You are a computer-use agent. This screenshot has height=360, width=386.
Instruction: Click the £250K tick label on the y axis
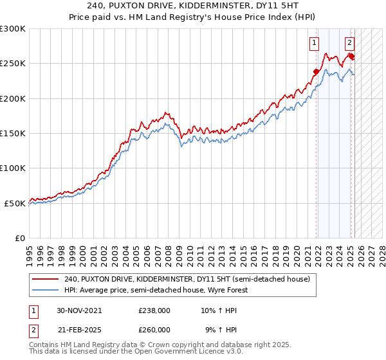13,64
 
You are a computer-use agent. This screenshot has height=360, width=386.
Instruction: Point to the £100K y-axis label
13,168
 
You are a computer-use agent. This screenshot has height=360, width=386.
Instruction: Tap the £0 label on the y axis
19,238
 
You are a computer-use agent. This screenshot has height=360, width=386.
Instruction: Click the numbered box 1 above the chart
314,44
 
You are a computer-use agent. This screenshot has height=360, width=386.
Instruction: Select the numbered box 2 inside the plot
349,44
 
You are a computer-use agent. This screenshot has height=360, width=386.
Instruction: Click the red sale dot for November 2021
316,72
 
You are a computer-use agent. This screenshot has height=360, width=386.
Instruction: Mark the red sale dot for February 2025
351,57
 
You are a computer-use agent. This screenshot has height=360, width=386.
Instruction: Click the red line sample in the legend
45,279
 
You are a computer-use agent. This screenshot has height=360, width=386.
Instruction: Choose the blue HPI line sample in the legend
45,290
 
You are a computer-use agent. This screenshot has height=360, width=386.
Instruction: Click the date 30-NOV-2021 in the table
79,310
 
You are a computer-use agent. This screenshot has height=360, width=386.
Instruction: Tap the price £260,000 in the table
154,329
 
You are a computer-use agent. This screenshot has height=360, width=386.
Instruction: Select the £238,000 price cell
154,310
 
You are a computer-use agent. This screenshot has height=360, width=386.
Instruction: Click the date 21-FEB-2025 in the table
79,329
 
